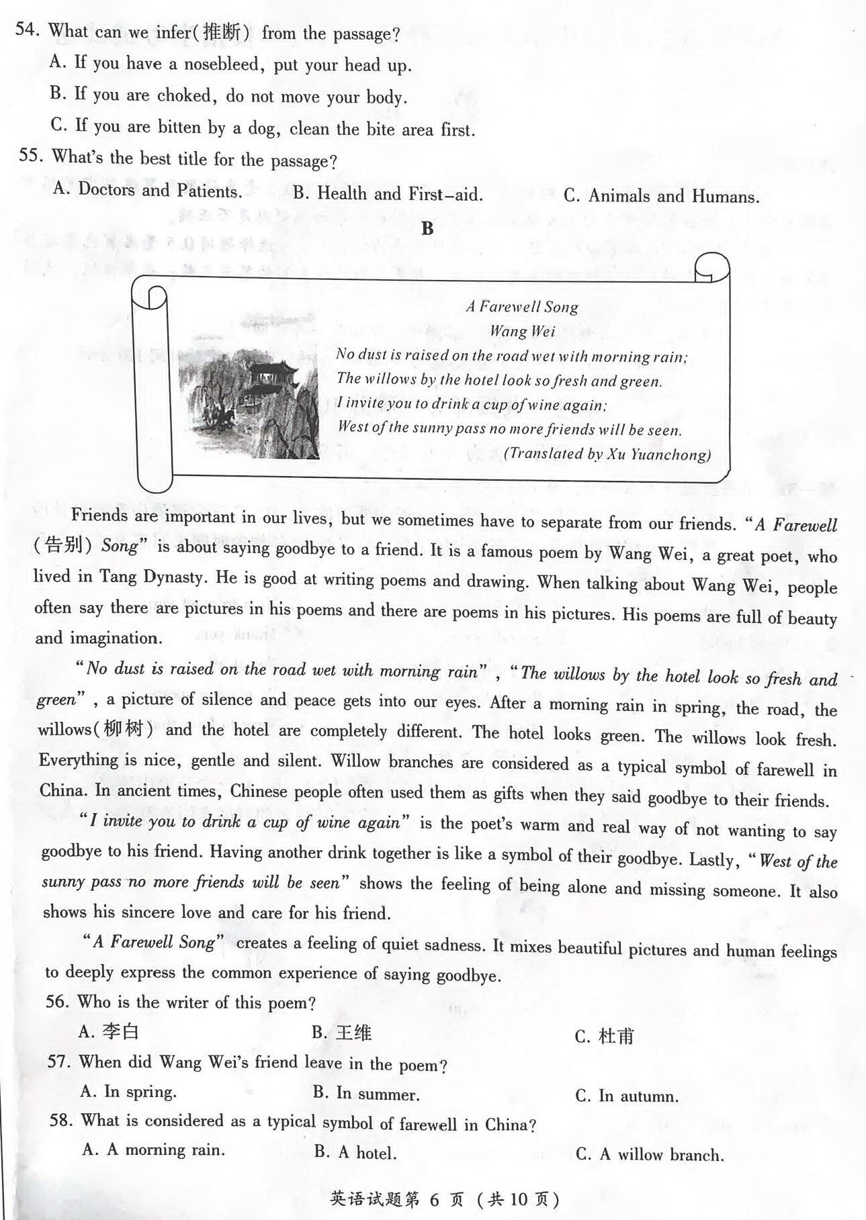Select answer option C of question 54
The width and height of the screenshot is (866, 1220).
point(262,128)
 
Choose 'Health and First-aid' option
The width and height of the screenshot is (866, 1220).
point(388,195)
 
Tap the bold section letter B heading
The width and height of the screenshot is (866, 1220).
point(427,229)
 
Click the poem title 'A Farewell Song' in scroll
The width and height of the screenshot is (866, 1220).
point(522,308)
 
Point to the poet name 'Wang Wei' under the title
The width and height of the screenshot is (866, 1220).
point(522,331)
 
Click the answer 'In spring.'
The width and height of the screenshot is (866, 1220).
point(128,1092)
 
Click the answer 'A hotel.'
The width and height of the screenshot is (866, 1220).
point(356,1153)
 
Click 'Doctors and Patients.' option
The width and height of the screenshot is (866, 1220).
point(148,190)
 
